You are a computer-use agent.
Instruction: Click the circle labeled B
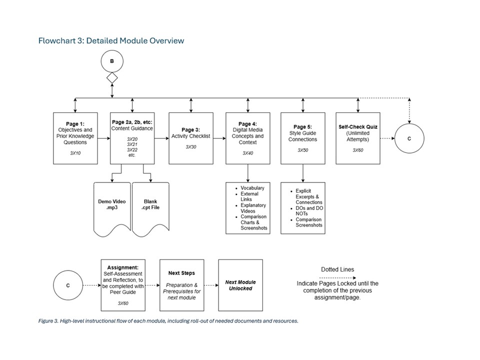[112, 61]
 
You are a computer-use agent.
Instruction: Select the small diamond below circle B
[112, 78]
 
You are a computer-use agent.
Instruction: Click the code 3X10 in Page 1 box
[75, 153]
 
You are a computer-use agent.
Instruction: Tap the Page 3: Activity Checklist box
[190, 138]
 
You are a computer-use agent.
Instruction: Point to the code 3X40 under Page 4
[247, 153]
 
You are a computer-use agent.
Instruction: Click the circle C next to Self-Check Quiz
[409, 138]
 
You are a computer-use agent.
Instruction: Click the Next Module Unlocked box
[240, 285]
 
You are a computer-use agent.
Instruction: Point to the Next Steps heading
[181, 273]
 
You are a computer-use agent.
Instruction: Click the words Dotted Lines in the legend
[337, 269]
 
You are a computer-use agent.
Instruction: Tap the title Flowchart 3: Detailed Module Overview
[111, 40]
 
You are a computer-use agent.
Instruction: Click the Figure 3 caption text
[168, 321]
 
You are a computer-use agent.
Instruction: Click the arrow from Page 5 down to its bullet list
[302, 172]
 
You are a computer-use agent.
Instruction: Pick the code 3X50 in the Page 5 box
[302, 149]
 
